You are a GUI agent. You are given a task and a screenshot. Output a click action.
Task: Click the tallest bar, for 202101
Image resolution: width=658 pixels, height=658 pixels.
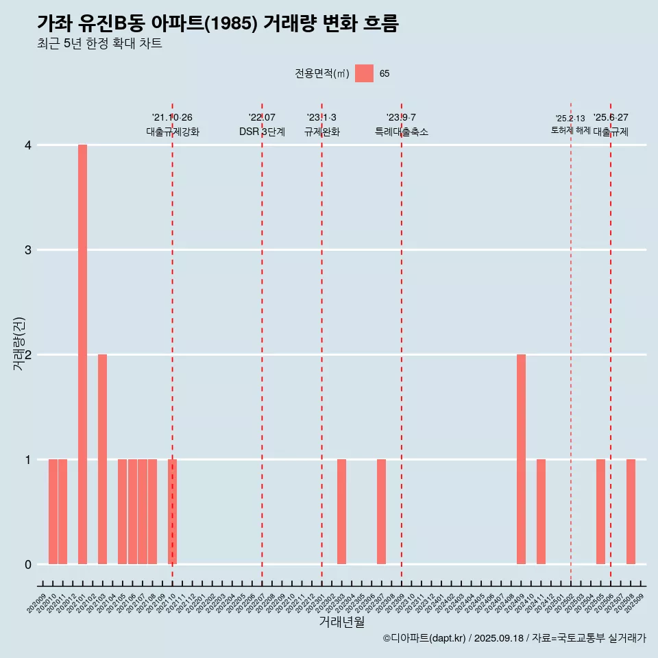coord(82,354)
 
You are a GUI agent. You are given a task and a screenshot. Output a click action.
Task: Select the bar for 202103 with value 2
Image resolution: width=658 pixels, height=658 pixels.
coord(102,459)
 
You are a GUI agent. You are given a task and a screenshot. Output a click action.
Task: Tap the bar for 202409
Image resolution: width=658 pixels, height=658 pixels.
coord(521,459)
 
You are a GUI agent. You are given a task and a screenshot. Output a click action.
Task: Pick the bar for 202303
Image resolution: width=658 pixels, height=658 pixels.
coord(341,511)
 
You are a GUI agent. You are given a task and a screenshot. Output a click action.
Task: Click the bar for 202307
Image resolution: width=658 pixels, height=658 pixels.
coord(381,511)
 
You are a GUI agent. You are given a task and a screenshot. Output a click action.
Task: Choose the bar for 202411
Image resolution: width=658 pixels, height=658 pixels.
coord(541,511)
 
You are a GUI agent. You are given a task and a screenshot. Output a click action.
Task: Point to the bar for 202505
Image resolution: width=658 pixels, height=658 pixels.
coord(600,511)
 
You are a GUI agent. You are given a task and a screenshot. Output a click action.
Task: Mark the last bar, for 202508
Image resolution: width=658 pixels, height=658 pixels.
coord(631,511)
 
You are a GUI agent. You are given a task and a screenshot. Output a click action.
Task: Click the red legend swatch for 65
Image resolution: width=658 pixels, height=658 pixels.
coord(364,73)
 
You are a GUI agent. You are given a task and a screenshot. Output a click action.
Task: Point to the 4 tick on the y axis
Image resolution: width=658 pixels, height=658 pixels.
coord(28,145)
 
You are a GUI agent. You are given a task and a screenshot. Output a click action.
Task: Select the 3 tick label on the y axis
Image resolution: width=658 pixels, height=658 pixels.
coord(28,250)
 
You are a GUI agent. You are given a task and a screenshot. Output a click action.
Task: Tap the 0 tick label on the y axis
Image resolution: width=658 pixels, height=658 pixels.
coord(28,564)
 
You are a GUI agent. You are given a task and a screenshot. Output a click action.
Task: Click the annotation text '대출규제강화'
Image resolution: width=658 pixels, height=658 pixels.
coord(173,132)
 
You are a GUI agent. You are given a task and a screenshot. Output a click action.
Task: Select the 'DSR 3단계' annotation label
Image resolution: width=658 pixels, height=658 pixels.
coord(262,132)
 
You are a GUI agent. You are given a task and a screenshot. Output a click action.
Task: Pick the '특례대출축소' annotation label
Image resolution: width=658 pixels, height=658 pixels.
coord(402,132)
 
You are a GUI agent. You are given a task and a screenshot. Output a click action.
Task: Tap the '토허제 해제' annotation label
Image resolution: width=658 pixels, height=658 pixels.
coord(570,130)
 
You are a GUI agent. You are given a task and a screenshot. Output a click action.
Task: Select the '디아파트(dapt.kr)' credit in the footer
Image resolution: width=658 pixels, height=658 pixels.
coord(425,638)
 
